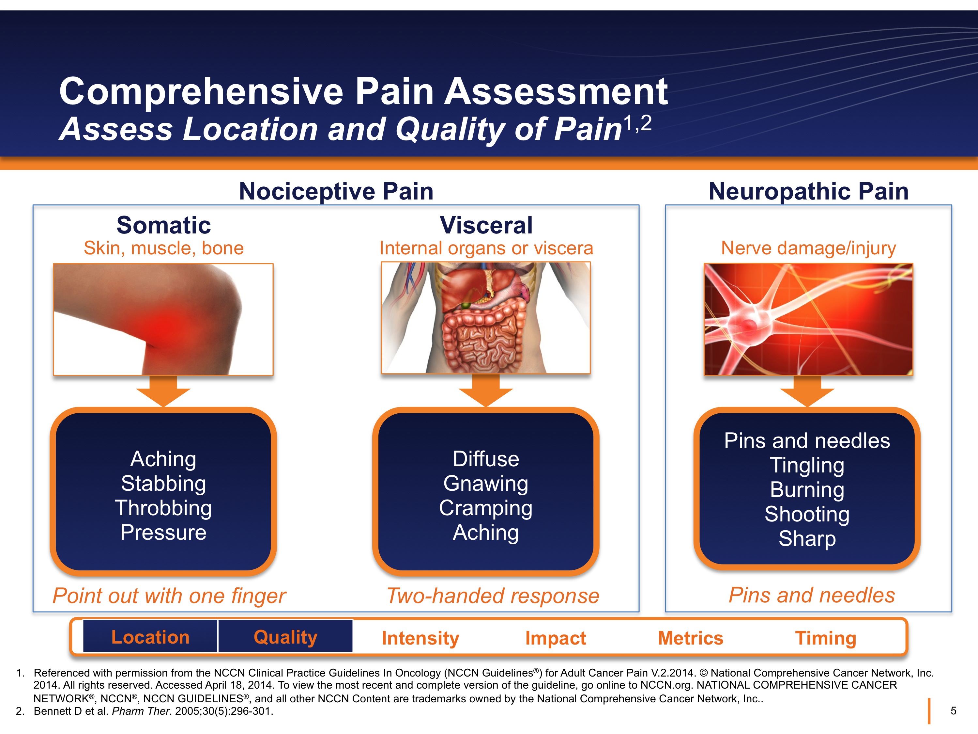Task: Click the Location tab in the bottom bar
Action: [x=150, y=637]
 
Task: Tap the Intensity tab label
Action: [x=420, y=638]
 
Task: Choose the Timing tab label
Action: [x=825, y=638]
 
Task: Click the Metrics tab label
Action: [x=690, y=638]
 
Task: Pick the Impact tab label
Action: [x=555, y=638]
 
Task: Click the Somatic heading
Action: [x=163, y=225]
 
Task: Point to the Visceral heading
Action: [x=486, y=225]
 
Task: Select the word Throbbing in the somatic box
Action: [x=163, y=508]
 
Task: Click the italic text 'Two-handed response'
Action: [x=493, y=596]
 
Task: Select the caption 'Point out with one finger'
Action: [x=169, y=596]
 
